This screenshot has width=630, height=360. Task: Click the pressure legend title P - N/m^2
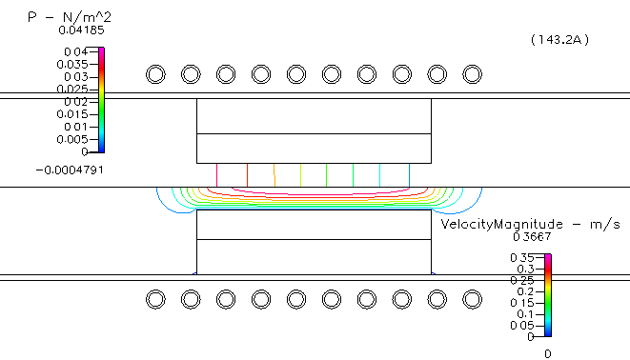tap(64, 16)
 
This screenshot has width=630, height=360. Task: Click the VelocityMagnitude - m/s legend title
tap(530, 224)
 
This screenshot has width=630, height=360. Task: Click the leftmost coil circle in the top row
tap(155, 74)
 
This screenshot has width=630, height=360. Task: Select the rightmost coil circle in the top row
tap(472, 74)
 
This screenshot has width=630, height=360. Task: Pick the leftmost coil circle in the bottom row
tap(155, 299)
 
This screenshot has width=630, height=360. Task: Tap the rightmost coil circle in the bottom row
tap(472, 299)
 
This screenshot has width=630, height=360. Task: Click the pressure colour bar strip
tap(101, 100)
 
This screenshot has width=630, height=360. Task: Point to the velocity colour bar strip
tap(548, 296)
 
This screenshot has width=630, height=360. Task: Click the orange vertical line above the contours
tap(275, 174)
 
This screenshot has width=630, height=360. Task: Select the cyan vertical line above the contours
tap(380, 174)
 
